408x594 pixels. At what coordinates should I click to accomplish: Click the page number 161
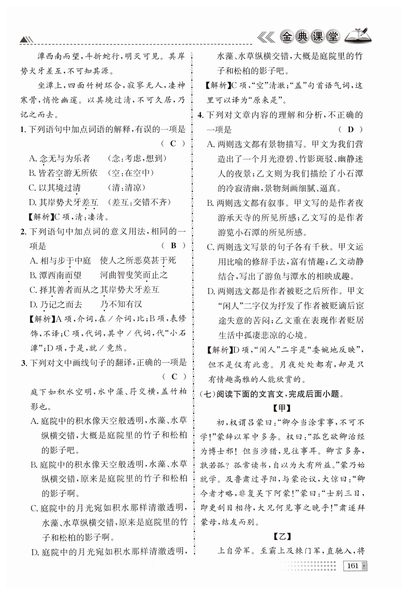[x=352, y=565]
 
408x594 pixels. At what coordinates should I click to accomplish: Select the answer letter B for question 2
[x=174, y=246]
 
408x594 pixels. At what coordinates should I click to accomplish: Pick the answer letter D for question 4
[x=351, y=129]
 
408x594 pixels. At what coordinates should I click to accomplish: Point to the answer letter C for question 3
[x=174, y=377]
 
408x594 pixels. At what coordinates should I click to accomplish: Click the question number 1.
[x=23, y=130]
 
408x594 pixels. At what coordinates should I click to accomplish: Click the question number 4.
[x=200, y=115]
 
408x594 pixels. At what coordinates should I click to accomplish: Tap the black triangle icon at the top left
[x=26, y=40]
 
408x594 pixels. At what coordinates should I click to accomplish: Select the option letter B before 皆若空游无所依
[x=32, y=173]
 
